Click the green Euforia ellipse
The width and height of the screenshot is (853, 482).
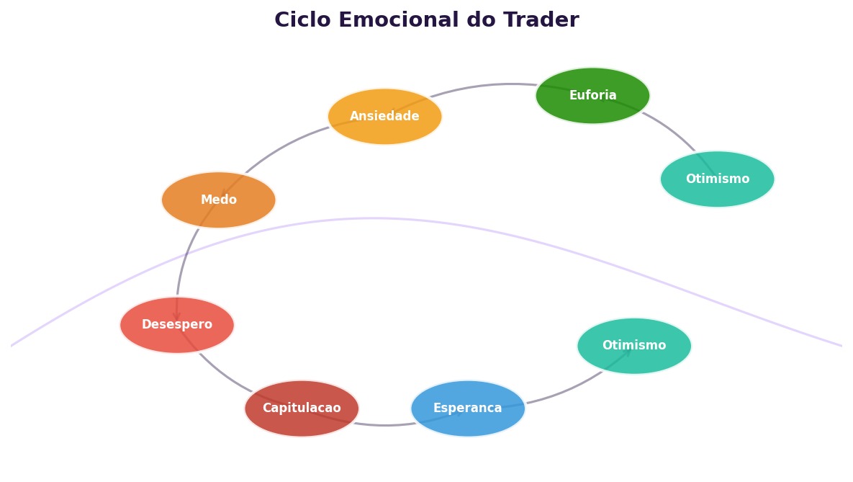[592, 96]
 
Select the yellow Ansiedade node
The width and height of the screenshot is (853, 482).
[384, 117]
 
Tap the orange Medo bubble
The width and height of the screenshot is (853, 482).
[218, 200]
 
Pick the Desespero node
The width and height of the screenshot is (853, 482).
[177, 325]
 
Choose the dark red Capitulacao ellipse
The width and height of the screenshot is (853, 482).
[302, 409]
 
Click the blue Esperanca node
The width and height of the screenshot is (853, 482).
[468, 409]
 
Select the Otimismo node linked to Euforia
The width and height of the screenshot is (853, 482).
[717, 179]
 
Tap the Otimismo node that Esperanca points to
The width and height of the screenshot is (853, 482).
[633, 347]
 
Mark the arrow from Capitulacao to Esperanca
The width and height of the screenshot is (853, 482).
[385, 425]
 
